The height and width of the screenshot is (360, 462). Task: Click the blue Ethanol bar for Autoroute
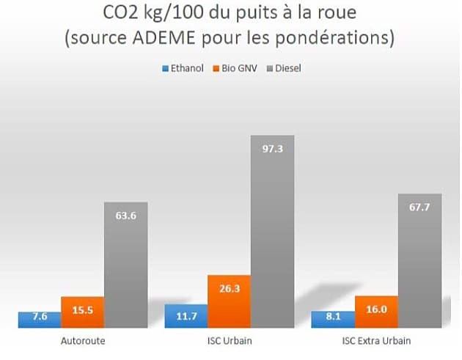click(40, 320)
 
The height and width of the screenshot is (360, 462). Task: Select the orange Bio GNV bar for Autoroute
click(83, 312)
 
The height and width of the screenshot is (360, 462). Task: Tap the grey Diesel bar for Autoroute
click(126, 265)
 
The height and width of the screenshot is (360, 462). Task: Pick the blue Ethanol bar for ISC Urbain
click(186, 316)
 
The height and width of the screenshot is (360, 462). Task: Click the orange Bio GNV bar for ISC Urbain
click(230, 301)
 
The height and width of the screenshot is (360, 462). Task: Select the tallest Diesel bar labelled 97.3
click(273, 232)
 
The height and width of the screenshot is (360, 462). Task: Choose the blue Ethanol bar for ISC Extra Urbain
click(333, 320)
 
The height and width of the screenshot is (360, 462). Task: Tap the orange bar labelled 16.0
click(376, 312)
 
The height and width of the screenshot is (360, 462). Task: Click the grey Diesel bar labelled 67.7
click(420, 261)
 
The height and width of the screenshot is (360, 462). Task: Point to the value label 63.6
click(126, 216)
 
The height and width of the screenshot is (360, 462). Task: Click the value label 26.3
click(230, 289)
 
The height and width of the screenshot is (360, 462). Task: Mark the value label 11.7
click(186, 317)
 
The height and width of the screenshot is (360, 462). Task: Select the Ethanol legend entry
click(183, 68)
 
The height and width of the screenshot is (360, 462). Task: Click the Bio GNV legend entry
click(235, 68)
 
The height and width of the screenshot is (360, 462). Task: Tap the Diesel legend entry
click(284, 68)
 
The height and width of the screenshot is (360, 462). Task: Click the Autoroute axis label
click(83, 341)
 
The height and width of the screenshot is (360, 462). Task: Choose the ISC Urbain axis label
click(230, 341)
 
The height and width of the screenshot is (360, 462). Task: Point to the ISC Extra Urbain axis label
click(376, 341)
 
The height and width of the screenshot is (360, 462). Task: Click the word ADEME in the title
click(164, 37)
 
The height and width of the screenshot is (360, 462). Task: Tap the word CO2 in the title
click(120, 12)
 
